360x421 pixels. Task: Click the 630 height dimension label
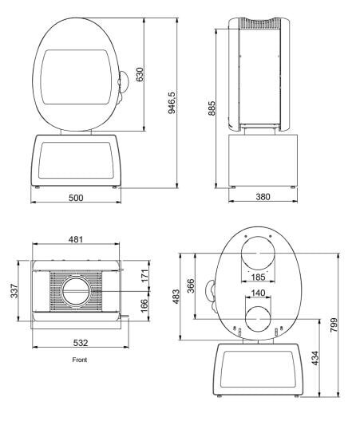tap(140, 74)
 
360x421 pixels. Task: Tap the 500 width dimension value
tap(76, 197)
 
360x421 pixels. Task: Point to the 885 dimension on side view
tap(212, 108)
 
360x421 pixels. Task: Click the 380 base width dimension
tap(263, 197)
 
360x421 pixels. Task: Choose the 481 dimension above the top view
tap(76, 239)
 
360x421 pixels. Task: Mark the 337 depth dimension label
tap(13, 292)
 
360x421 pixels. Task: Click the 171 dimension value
tap(144, 277)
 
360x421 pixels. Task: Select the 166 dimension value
tap(144, 306)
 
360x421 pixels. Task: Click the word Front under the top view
tap(79, 360)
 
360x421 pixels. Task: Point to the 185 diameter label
tap(257, 278)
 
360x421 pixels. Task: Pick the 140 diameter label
tap(257, 293)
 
